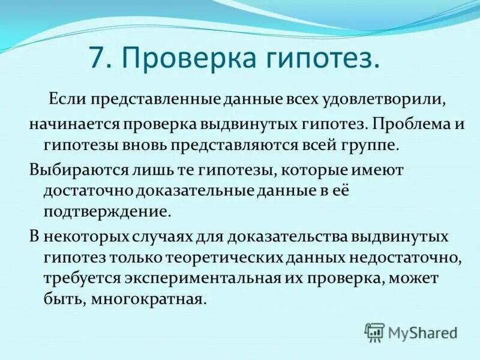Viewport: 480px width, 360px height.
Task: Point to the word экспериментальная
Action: click(201, 279)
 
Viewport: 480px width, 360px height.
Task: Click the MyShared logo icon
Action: click(374, 332)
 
